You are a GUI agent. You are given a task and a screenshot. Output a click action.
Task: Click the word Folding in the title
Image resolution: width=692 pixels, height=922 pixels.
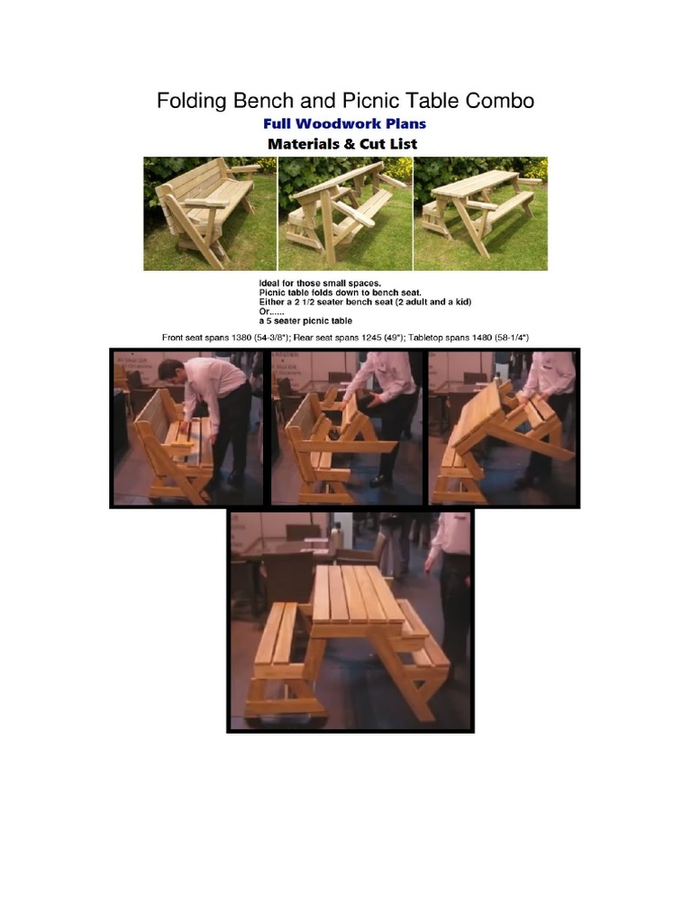(x=189, y=101)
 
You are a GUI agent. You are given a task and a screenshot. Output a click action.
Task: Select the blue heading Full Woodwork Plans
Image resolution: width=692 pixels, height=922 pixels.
(x=344, y=123)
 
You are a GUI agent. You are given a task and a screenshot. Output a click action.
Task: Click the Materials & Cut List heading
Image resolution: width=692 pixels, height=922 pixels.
(x=342, y=144)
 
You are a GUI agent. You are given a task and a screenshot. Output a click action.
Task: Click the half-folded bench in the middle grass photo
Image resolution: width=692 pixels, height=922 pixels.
(x=342, y=212)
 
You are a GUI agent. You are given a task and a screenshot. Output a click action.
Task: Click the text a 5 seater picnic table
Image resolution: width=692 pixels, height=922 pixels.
(x=305, y=321)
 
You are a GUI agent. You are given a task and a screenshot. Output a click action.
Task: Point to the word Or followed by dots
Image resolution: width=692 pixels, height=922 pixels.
(x=271, y=312)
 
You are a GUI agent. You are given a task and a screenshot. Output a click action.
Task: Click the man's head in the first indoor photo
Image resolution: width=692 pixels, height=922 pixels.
(x=170, y=370)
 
